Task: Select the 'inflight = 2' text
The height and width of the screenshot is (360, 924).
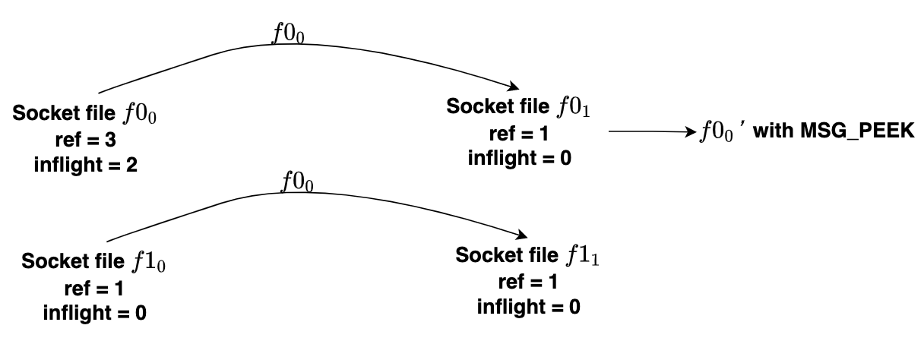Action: pyautogui.click(x=85, y=164)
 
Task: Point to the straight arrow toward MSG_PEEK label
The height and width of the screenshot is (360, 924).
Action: pyautogui.click(x=653, y=132)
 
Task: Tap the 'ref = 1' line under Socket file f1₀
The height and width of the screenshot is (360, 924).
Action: pyautogui.click(x=94, y=289)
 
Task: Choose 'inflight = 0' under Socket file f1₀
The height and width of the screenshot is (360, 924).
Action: pyautogui.click(x=94, y=311)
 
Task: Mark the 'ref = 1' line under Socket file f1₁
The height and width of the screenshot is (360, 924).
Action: pyautogui.click(x=529, y=282)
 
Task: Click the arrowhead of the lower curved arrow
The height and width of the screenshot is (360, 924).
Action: pyautogui.click(x=524, y=236)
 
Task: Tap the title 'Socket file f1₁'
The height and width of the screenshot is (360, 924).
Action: pyautogui.click(x=529, y=255)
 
